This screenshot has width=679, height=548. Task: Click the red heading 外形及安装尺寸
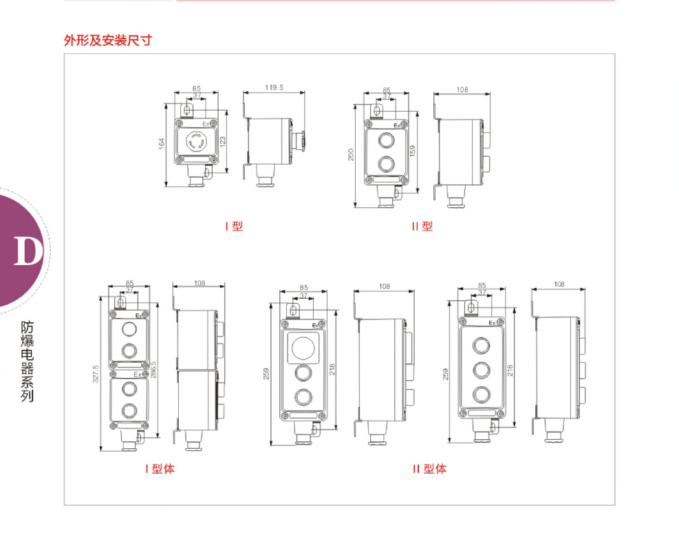tap(107, 41)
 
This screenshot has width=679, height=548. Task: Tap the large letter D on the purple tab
tap(28, 252)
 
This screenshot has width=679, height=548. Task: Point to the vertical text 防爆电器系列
tap(28, 361)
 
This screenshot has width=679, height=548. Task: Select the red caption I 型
tap(234, 226)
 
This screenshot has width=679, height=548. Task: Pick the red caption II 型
tap(422, 226)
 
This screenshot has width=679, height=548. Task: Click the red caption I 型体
tap(160, 469)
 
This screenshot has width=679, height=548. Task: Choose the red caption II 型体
tap(429, 469)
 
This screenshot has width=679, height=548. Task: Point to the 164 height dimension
tap(162, 144)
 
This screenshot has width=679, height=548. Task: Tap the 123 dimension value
tap(222, 142)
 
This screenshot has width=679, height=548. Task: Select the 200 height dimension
tap(351, 154)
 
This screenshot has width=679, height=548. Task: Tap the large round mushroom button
tap(301, 348)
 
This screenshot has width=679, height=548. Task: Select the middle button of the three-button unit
tap(480, 369)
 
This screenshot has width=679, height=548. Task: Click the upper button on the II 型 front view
tap(386, 140)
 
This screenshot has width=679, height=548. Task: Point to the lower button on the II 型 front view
tap(386, 165)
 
